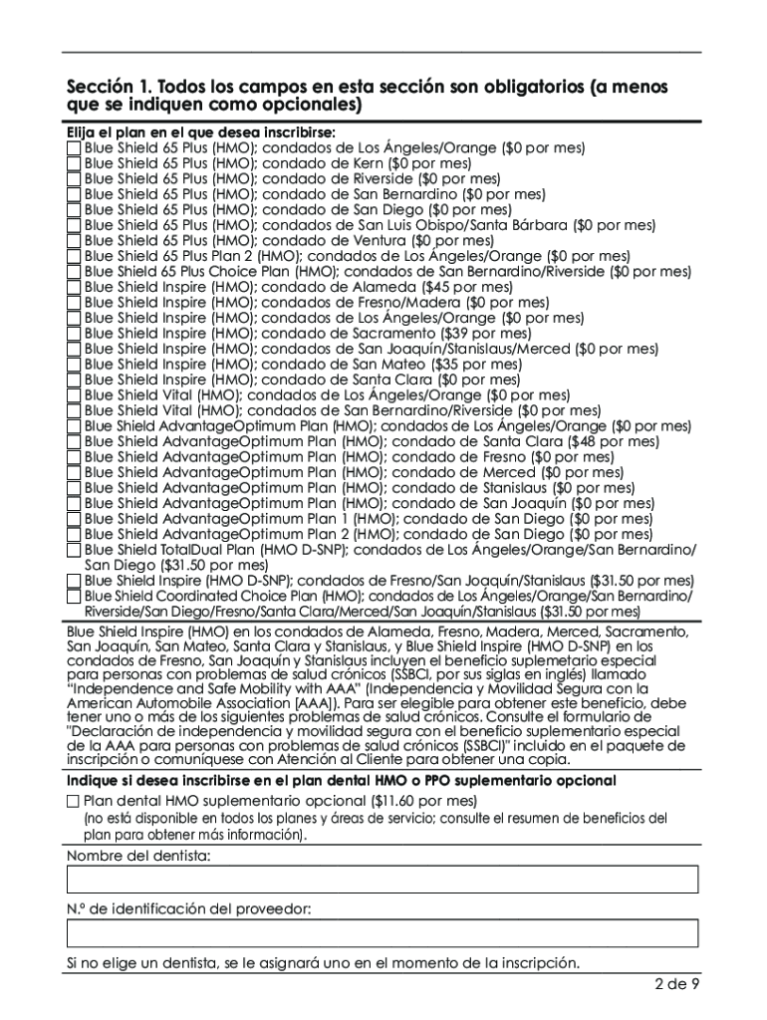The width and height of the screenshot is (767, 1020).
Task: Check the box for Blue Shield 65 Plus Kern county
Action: pos(74,163)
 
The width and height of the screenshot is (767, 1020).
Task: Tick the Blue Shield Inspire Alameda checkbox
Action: pos(74,287)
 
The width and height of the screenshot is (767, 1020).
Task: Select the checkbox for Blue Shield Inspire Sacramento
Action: pos(74,334)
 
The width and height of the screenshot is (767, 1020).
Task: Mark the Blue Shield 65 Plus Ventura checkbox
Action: pos(74,241)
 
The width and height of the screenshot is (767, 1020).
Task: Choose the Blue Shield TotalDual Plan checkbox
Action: pos(74,550)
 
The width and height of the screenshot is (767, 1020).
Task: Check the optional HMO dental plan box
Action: pos(74,801)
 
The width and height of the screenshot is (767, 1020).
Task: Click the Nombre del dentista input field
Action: pos(383,880)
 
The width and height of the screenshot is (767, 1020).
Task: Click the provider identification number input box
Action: pos(383,933)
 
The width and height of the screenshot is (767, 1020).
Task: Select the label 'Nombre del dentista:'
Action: pos(138,856)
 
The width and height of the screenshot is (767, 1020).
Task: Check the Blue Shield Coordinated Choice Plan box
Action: pos(74,597)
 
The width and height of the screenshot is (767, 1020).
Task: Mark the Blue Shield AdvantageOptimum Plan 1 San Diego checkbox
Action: pos(74,519)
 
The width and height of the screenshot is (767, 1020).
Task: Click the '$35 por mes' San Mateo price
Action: pos(481,365)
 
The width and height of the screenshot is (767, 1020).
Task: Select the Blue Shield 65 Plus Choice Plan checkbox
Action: pos(74,272)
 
